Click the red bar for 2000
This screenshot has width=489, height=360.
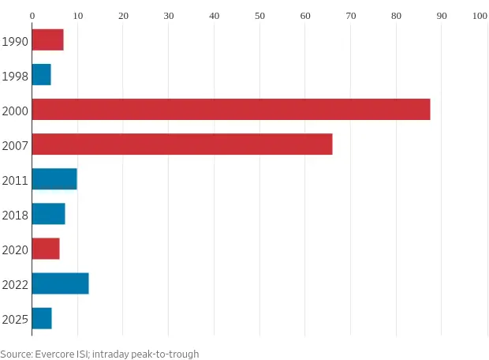(x=230, y=109)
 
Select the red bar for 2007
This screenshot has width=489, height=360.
(x=181, y=144)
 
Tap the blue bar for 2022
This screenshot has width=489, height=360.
(x=60, y=283)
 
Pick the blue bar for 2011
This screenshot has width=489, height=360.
(x=54, y=178)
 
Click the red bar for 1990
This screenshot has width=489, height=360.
(x=47, y=39)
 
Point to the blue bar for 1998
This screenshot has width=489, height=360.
(x=41, y=74)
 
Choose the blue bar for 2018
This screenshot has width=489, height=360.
(x=48, y=213)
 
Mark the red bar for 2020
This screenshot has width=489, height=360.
(x=45, y=248)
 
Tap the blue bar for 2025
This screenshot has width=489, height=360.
(x=42, y=317)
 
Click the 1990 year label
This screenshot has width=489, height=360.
(x=15, y=41)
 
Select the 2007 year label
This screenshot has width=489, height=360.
(x=15, y=145)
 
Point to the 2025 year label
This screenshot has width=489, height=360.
(x=15, y=319)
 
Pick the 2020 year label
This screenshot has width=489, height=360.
(x=15, y=249)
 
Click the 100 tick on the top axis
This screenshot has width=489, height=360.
(x=480, y=14)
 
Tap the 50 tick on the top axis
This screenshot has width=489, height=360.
(x=260, y=14)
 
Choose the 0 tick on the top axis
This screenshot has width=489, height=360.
(x=32, y=14)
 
